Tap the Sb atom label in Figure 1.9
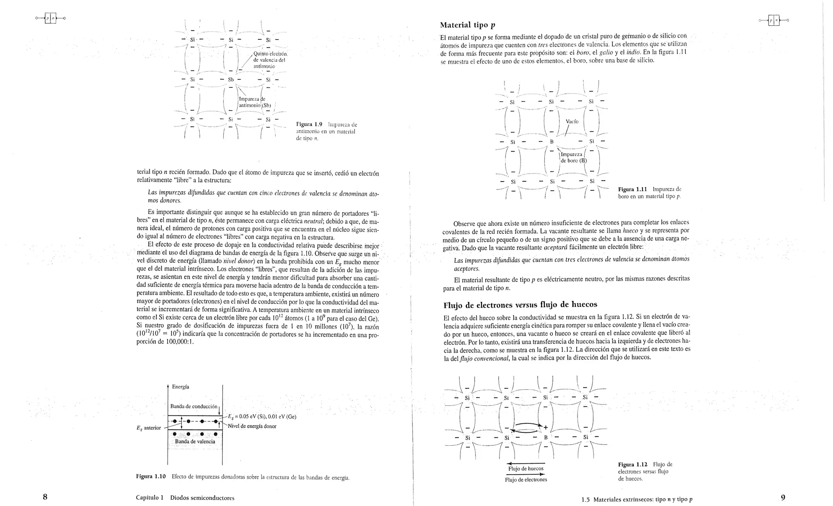tap(231, 79)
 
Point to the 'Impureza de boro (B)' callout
tap(573, 157)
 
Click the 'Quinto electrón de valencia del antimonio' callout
tap(270, 60)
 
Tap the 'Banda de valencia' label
tap(195, 441)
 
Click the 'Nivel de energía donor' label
tap(252, 426)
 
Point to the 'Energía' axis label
tap(180, 387)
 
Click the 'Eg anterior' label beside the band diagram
tap(148, 427)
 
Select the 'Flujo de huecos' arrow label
tap(526, 469)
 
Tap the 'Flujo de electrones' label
tap(526, 480)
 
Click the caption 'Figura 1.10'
tap(151, 477)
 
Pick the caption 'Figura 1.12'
tap(632, 465)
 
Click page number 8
tap(45, 497)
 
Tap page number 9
tap(783, 497)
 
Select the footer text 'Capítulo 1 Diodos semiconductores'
tap(185, 498)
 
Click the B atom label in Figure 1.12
tap(546, 438)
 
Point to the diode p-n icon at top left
tap(50, 18)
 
